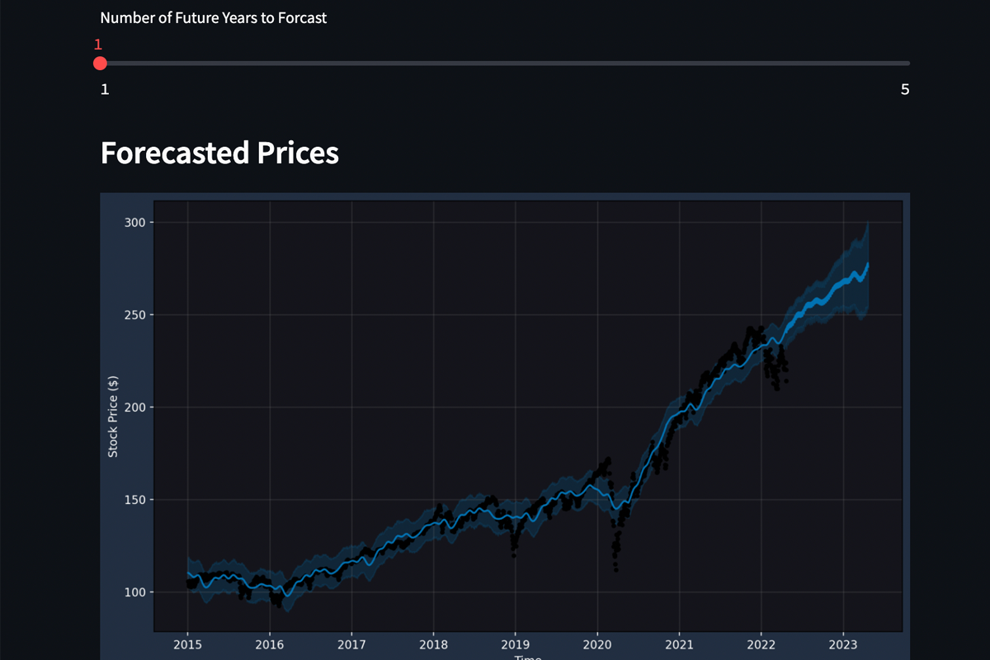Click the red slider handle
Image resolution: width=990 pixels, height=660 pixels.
coord(100,64)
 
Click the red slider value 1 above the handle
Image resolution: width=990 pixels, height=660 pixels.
coord(98,45)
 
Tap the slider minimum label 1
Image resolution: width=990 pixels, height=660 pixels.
coord(105,89)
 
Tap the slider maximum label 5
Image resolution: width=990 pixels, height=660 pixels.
coord(905,89)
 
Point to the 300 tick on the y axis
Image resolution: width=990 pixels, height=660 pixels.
coord(134,222)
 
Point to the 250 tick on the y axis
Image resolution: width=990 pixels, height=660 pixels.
coord(134,314)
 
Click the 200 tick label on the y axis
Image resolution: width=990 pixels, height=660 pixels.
coord(134,407)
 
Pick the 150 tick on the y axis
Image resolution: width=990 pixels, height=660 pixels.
coord(134,499)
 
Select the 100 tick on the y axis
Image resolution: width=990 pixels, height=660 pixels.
coord(134,592)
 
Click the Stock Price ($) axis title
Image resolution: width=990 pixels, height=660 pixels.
coord(113,416)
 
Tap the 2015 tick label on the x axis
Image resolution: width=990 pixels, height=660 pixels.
coord(188,643)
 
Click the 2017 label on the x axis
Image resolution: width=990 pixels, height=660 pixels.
coord(351,643)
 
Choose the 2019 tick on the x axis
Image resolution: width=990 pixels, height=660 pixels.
coord(516,643)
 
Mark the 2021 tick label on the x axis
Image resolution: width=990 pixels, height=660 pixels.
coord(679,643)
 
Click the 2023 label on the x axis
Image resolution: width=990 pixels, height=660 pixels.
coord(843,643)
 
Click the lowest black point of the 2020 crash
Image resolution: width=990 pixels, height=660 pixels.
coord(615,569)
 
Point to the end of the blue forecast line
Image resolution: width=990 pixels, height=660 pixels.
coord(868,264)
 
